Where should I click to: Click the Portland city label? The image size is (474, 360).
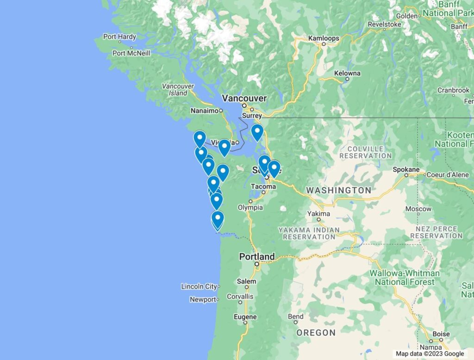coord(257,256)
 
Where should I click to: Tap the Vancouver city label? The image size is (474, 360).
coord(244,98)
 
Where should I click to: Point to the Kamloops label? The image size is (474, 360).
coord(324,38)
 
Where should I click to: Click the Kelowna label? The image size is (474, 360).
coord(347,73)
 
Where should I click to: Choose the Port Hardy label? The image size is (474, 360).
coord(119,37)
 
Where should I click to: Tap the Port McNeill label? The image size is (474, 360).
coord(131,53)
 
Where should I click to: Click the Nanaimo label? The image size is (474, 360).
coord(204,111)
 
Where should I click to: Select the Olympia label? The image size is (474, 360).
coord(250,207)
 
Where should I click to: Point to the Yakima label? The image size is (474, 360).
coord(319,214)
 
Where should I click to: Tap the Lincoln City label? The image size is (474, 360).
coord(199,286)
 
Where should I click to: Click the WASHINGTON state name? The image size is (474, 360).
coord(338,190)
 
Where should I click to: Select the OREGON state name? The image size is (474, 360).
coord(316,332)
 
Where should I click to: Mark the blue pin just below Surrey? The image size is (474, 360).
coord(257,132)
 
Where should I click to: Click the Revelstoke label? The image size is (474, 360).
coord(384,24)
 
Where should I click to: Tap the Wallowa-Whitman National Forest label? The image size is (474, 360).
coord(405,277)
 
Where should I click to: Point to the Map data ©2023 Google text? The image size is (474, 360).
coord(430,354)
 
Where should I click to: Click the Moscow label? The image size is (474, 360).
coord(418,209)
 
